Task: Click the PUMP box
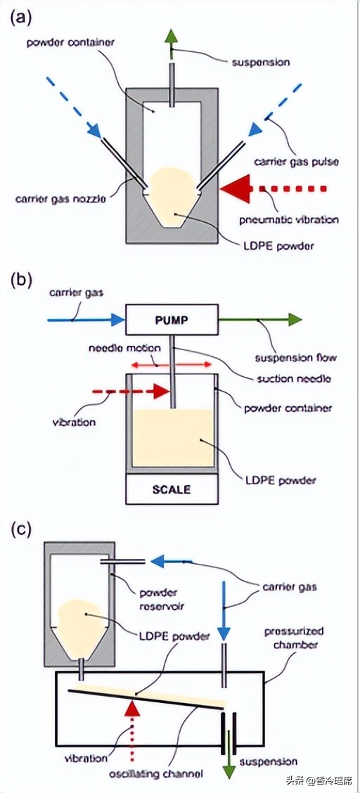(172, 320)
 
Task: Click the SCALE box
(172, 489)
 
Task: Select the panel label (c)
(20, 529)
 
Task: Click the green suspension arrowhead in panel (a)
(172, 37)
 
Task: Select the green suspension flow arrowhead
(295, 320)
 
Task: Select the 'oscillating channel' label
(159, 774)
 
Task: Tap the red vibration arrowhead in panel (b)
(161, 391)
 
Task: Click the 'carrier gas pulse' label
(296, 162)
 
